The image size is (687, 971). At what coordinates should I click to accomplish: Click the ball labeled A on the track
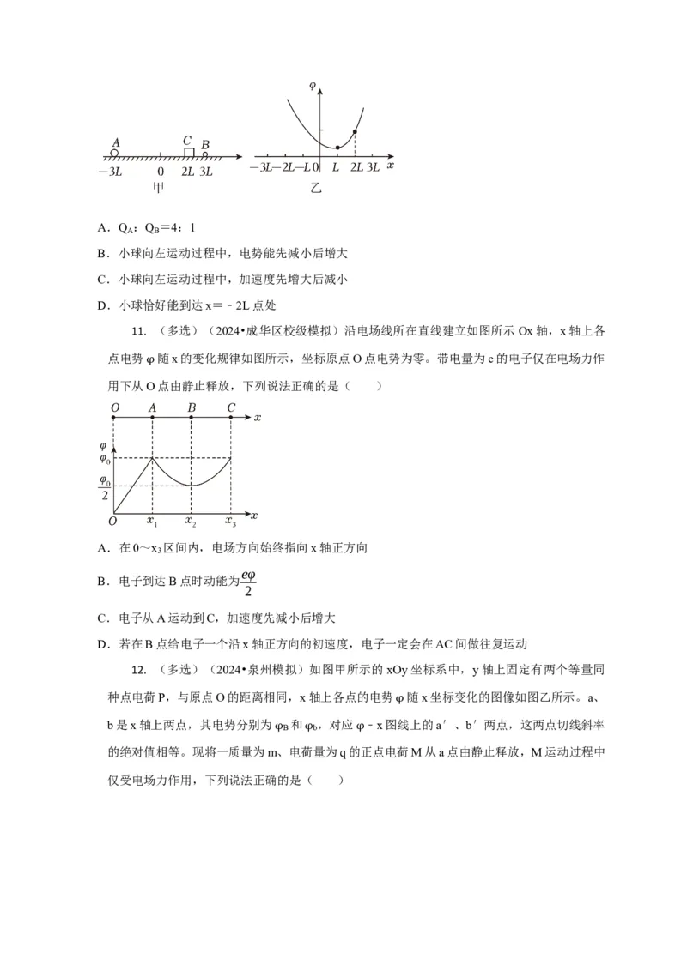tap(113, 153)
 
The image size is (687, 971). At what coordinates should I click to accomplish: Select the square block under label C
tap(189, 152)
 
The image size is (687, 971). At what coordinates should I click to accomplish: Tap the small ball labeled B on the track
tap(204, 154)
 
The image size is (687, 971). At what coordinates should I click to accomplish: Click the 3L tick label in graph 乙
tap(373, 166)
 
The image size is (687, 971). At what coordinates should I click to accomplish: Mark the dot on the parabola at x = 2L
tap(356, 131)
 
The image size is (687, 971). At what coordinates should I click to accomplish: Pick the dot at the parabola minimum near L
tap(337, 148)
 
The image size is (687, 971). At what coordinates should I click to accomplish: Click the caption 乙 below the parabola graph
tap(316, 187)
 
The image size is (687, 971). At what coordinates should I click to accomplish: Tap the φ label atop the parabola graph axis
tap(313, 86)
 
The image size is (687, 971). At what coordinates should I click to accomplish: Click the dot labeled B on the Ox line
tap(191, 418)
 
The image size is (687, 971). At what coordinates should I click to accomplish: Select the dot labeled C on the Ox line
tap(231, 418)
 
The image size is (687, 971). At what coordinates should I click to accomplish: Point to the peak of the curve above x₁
tap(152, 458)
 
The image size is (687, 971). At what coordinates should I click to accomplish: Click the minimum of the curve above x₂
tap(192, 485)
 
